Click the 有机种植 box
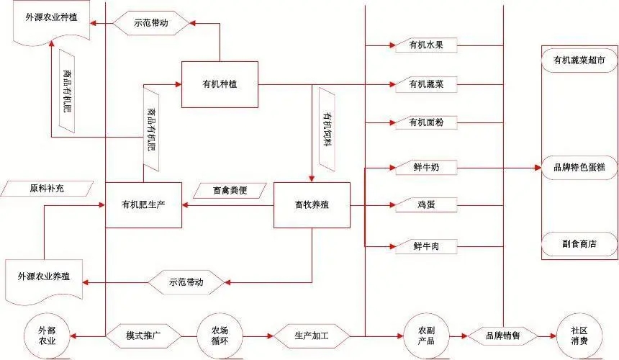point(220,85)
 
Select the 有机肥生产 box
point(143,205)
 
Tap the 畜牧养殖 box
point(312,205)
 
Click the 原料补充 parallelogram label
point(48,189)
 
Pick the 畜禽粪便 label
point(230,191)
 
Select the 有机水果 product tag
point(426,46)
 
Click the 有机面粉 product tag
point(426,122)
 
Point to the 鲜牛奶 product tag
point(426,168)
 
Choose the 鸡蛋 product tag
point(426,206)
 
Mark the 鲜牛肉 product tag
point(426,246)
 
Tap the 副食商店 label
point(579,243)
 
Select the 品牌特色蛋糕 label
point(579,168)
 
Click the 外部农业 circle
point(46,335)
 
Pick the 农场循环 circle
point(219,336)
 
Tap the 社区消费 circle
point(579,336)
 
